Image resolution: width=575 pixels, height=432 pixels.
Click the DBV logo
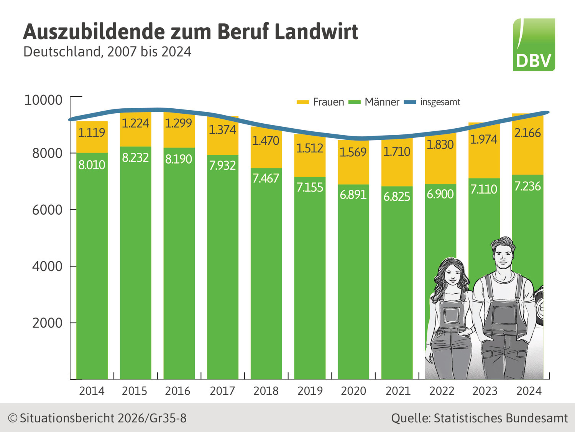534,45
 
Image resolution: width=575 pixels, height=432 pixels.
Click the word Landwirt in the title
316,31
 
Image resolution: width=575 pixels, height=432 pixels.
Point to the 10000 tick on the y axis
43,100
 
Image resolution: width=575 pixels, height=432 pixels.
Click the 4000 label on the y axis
47,266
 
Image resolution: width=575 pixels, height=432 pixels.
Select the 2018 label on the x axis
266,391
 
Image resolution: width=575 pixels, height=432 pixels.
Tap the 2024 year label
529,391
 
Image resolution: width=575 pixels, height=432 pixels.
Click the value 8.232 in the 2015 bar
135,157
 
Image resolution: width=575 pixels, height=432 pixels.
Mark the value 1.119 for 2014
92,133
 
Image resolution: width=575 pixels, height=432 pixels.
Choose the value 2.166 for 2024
527,133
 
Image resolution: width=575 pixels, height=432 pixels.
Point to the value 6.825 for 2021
397,197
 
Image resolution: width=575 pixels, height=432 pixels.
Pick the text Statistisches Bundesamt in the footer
501,418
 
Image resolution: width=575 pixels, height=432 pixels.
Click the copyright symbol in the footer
13,418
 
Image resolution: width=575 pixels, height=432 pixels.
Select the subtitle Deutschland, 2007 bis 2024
107,52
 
